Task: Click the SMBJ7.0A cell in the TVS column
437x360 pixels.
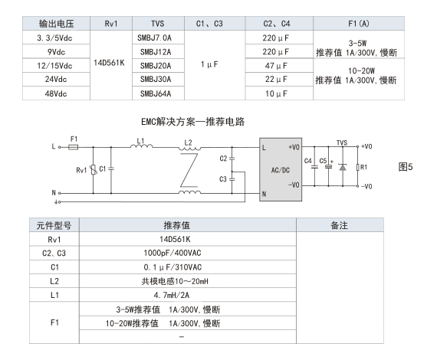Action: tap(158, 38)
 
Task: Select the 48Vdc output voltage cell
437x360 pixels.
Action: tap(56, 93)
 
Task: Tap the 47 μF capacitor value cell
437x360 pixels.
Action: tap(279, 66)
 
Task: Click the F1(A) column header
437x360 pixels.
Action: tap(359, 24)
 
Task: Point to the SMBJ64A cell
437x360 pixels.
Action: tap(158, 93)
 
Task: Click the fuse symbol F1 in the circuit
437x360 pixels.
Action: tap(74, 147)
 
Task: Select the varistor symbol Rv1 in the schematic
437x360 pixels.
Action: tap(94, 169)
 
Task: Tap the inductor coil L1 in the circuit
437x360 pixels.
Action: tap(141, 146)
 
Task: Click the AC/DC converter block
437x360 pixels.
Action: tap(281, 169)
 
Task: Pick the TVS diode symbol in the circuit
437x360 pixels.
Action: tap(343, 167)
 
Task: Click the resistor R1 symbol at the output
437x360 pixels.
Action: tap(357, 167)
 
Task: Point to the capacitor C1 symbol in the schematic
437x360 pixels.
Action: tap(111, 169)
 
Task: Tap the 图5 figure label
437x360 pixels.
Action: tap(406, 167)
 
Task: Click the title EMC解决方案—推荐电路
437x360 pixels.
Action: tap(193, 122)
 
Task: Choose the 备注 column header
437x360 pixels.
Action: tap(340, 225)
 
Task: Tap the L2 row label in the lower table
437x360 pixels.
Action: tap(54, 281)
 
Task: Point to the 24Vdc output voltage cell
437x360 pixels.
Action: tap(56, 80)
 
